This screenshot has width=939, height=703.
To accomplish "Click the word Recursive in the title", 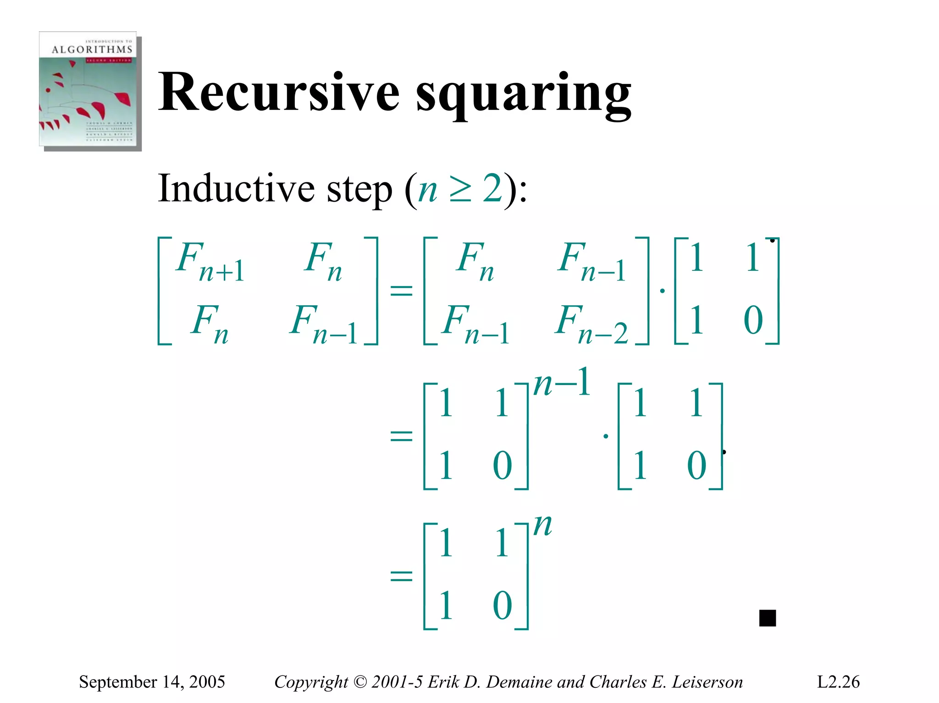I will point(279,93).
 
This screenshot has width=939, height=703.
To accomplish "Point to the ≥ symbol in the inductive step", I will point(460,190).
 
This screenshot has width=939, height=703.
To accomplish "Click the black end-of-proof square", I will point(768,618).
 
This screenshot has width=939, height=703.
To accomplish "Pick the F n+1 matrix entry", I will point(210,261).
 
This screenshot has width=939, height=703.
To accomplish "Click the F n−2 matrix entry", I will point(591,324).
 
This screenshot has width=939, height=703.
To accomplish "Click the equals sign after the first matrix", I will point(401,290).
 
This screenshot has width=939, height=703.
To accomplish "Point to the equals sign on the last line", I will point(401,576).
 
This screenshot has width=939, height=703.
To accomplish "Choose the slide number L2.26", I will point(838,682).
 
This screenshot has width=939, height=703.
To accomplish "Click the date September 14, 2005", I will point(152,682).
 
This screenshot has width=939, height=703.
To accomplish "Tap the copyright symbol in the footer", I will point(360,682).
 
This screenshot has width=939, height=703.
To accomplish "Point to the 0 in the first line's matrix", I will point(753,320).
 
